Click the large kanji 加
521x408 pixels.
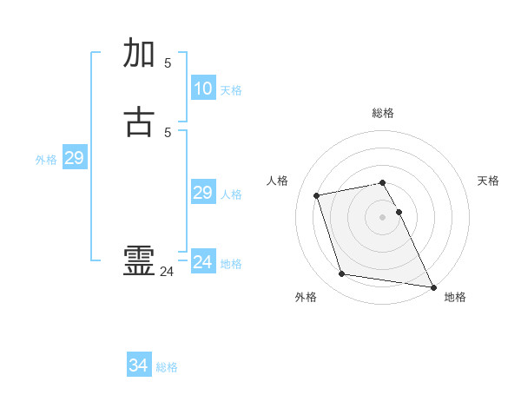point(141,54)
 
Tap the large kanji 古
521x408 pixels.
point(141,122)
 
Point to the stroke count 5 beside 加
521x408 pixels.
point(168,63)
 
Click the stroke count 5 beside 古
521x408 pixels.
point(168,132)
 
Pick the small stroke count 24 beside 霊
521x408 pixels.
point(167,272)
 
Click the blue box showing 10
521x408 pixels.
point(202,89)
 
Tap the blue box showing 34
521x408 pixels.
point(139,365)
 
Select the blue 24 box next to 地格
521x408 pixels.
point(202,262)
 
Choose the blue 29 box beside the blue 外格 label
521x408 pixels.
point(74,158)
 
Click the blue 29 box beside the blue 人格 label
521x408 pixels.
point(202,193)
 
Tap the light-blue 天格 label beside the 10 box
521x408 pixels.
point(230,90)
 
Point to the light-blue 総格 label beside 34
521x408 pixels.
point(167,367)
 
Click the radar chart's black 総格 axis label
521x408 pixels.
point(383,113)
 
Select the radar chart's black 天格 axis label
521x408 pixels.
point(488,181)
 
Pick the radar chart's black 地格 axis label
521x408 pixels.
point(455,297)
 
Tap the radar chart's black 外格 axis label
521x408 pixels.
point(306,297)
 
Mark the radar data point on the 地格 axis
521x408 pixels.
point(432,286)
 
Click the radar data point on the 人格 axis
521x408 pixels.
point(317,194)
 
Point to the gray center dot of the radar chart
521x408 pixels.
point(382,216)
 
